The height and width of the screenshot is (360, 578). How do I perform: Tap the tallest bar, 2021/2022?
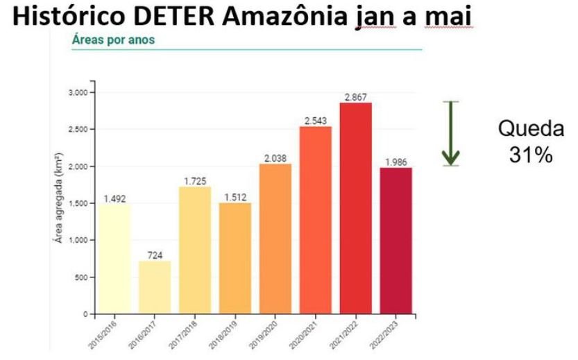pyautogui.click(x=357, y=208)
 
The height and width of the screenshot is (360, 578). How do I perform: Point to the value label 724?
pyautogui.click(x=155, y=255)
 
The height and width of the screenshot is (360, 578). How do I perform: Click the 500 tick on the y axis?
pyautogui.click(x=80, y=277)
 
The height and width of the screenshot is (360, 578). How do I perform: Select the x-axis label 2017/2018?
pyautogui.click(x=182, y=332)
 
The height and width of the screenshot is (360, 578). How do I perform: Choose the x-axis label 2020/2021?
pyautogui.click(x=303, y=332)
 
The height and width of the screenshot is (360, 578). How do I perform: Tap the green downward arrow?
pyautogui.click(x=452, y=134)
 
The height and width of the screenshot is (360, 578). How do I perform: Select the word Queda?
pyautogui.click(x=531, y=129)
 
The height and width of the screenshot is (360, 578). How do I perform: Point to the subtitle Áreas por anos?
pyautogui.click(x=113, y=40)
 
